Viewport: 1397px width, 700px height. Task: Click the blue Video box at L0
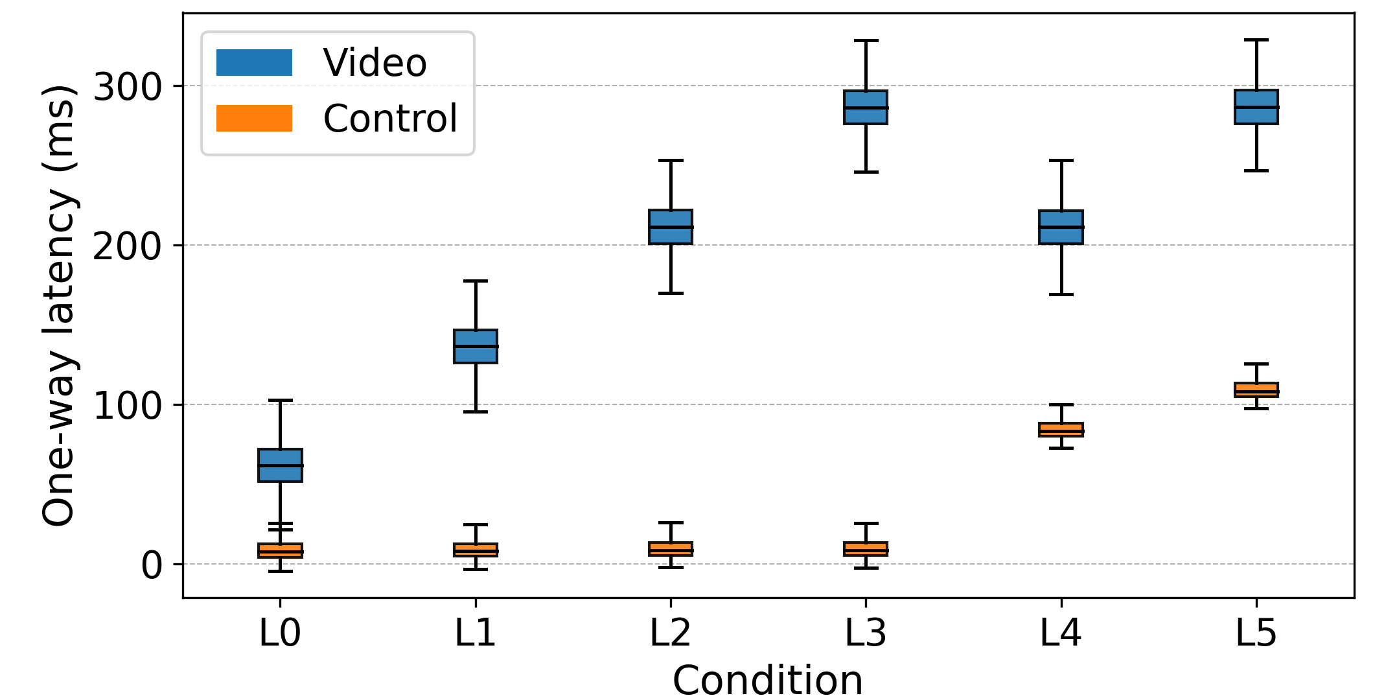point(280,465)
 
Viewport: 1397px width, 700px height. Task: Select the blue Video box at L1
point(476,346)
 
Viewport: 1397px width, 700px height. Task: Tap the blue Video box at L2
point(671,227)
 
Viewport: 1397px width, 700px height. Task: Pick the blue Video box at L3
point(866,107)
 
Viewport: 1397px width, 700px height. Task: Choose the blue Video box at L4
point(1061,227)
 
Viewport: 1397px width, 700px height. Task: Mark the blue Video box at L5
point(1256,107)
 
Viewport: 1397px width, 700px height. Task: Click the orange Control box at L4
point(1061,430)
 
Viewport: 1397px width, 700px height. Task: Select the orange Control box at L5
point(1256,390)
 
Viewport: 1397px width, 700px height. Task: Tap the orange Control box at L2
point(671,548)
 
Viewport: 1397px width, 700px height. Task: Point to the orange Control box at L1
point(476,550)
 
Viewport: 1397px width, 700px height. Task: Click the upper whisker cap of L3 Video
point(866,41)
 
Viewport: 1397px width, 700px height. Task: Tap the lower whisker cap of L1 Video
point(476,412)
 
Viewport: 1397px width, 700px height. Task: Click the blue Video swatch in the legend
point(254,63)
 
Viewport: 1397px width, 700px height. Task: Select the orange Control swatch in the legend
point(254,119)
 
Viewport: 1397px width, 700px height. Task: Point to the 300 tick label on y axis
point(127,86)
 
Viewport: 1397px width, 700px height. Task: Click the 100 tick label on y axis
point(127,405)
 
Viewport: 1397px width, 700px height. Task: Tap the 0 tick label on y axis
point(152,565)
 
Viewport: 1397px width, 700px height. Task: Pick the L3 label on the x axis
point(866,633)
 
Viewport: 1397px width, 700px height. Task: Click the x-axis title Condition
point(768,681)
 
